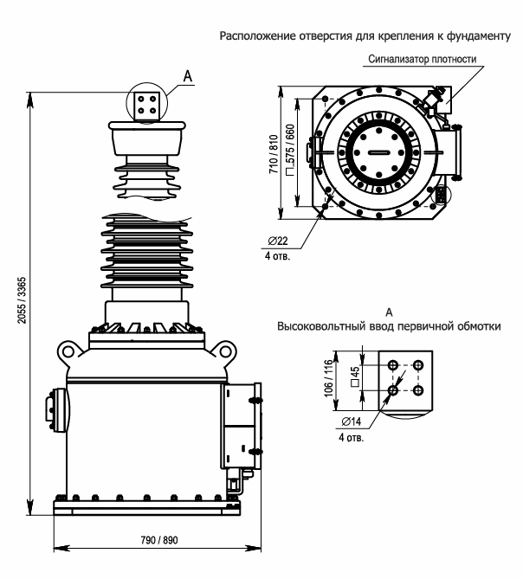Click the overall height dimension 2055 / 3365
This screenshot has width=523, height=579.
point(23,300)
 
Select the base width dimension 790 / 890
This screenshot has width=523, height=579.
point(159,540)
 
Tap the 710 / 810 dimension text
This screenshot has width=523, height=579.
point(274,154)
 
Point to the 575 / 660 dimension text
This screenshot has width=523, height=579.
point(291,150)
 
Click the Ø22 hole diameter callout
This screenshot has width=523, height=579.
point(278,241)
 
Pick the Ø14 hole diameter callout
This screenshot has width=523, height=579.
point(352,421)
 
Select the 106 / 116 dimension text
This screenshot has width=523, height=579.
point(328,378)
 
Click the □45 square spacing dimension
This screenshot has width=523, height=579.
point(354,376)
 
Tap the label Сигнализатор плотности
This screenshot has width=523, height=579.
point(423,59)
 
